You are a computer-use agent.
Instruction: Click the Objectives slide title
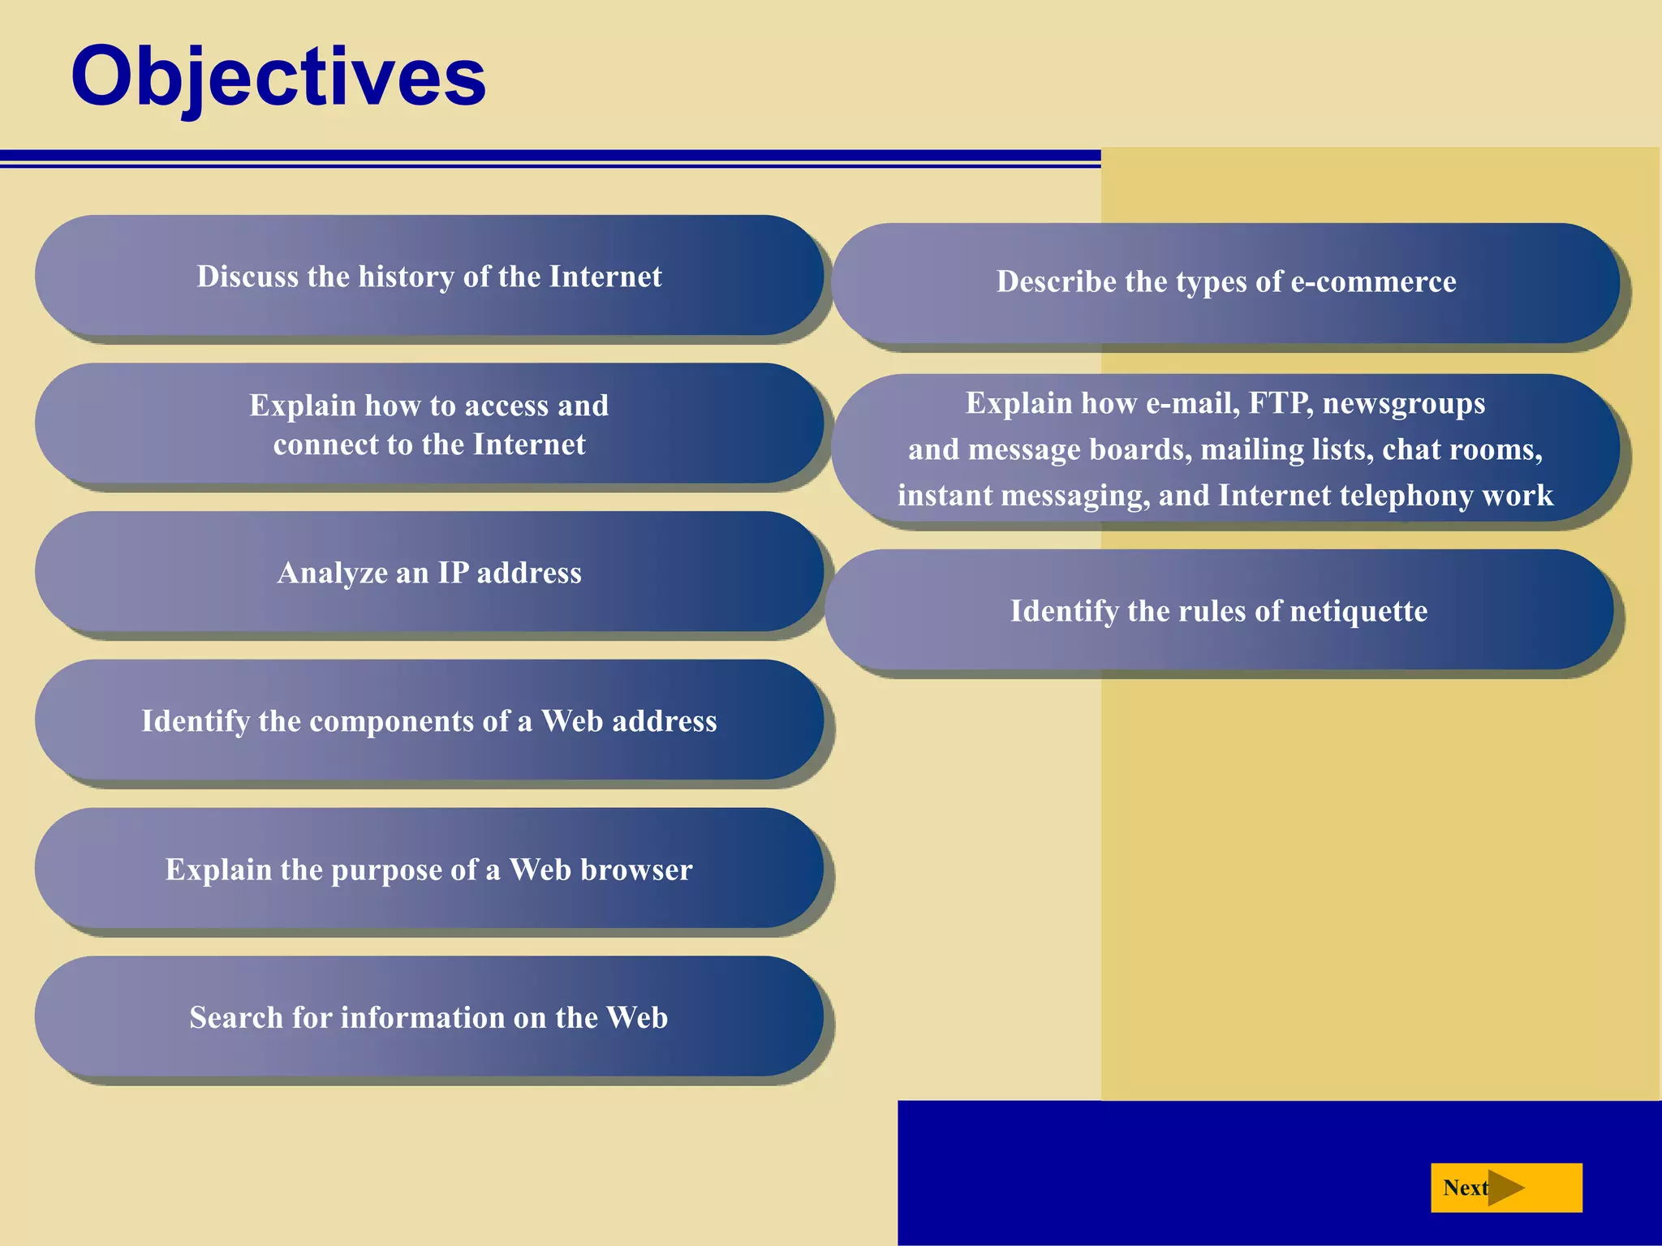(x=278, y=77)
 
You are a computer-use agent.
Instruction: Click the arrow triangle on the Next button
(x=1505, y=1188)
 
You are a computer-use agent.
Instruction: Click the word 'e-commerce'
(x=1373, y=281)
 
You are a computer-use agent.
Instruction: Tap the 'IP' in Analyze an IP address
(x=453, y=573)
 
